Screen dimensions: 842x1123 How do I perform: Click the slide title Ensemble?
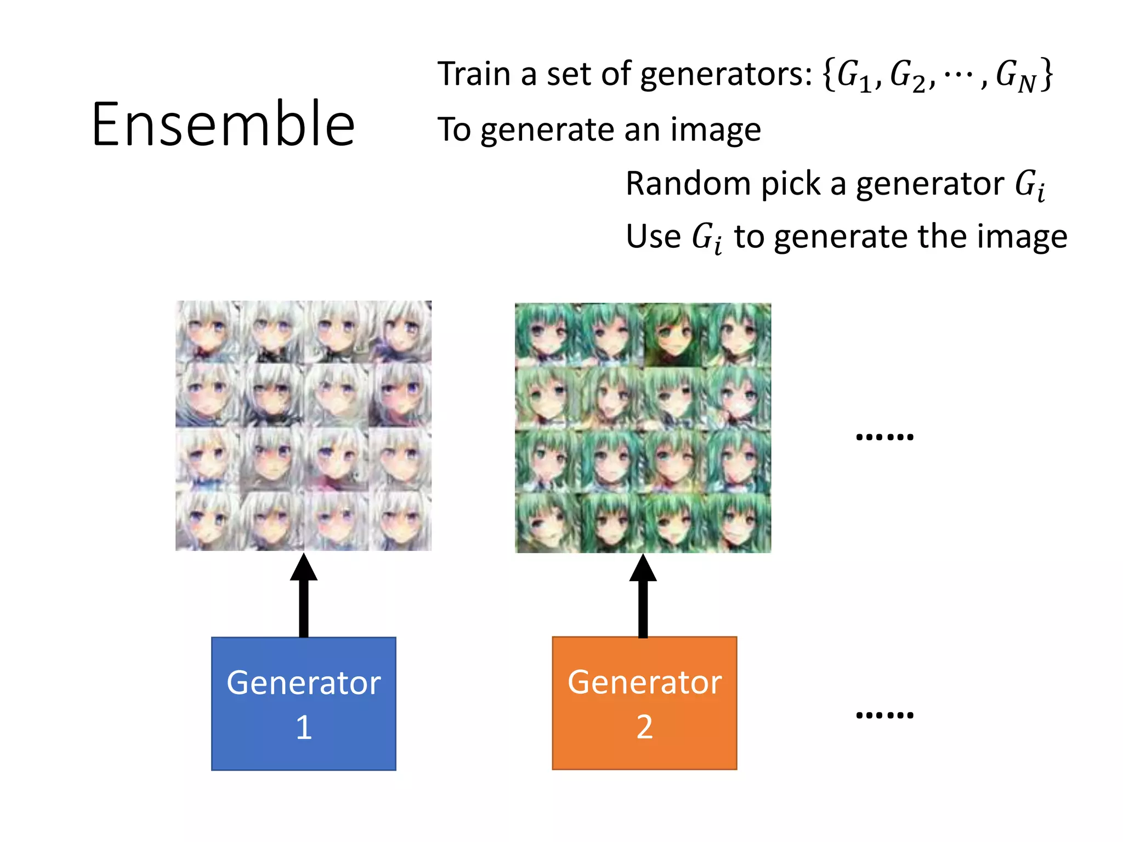coord(223,124)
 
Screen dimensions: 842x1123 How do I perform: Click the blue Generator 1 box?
coord(303,703)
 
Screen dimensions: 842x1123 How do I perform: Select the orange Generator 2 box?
coord(644,703)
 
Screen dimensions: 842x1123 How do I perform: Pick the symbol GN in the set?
coord(1015,75)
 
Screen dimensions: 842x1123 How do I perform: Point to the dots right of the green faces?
coord(884,437)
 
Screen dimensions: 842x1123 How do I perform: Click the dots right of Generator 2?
coord(884,715)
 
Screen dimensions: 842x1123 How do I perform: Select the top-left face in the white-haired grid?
coord(207,331)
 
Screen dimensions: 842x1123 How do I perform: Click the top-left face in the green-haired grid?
coord(547,334)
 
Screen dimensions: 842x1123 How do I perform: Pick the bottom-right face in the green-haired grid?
coord(739,522)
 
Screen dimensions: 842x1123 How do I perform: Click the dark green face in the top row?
coord(674,334)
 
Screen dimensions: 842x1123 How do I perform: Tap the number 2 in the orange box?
coord(644,727)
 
